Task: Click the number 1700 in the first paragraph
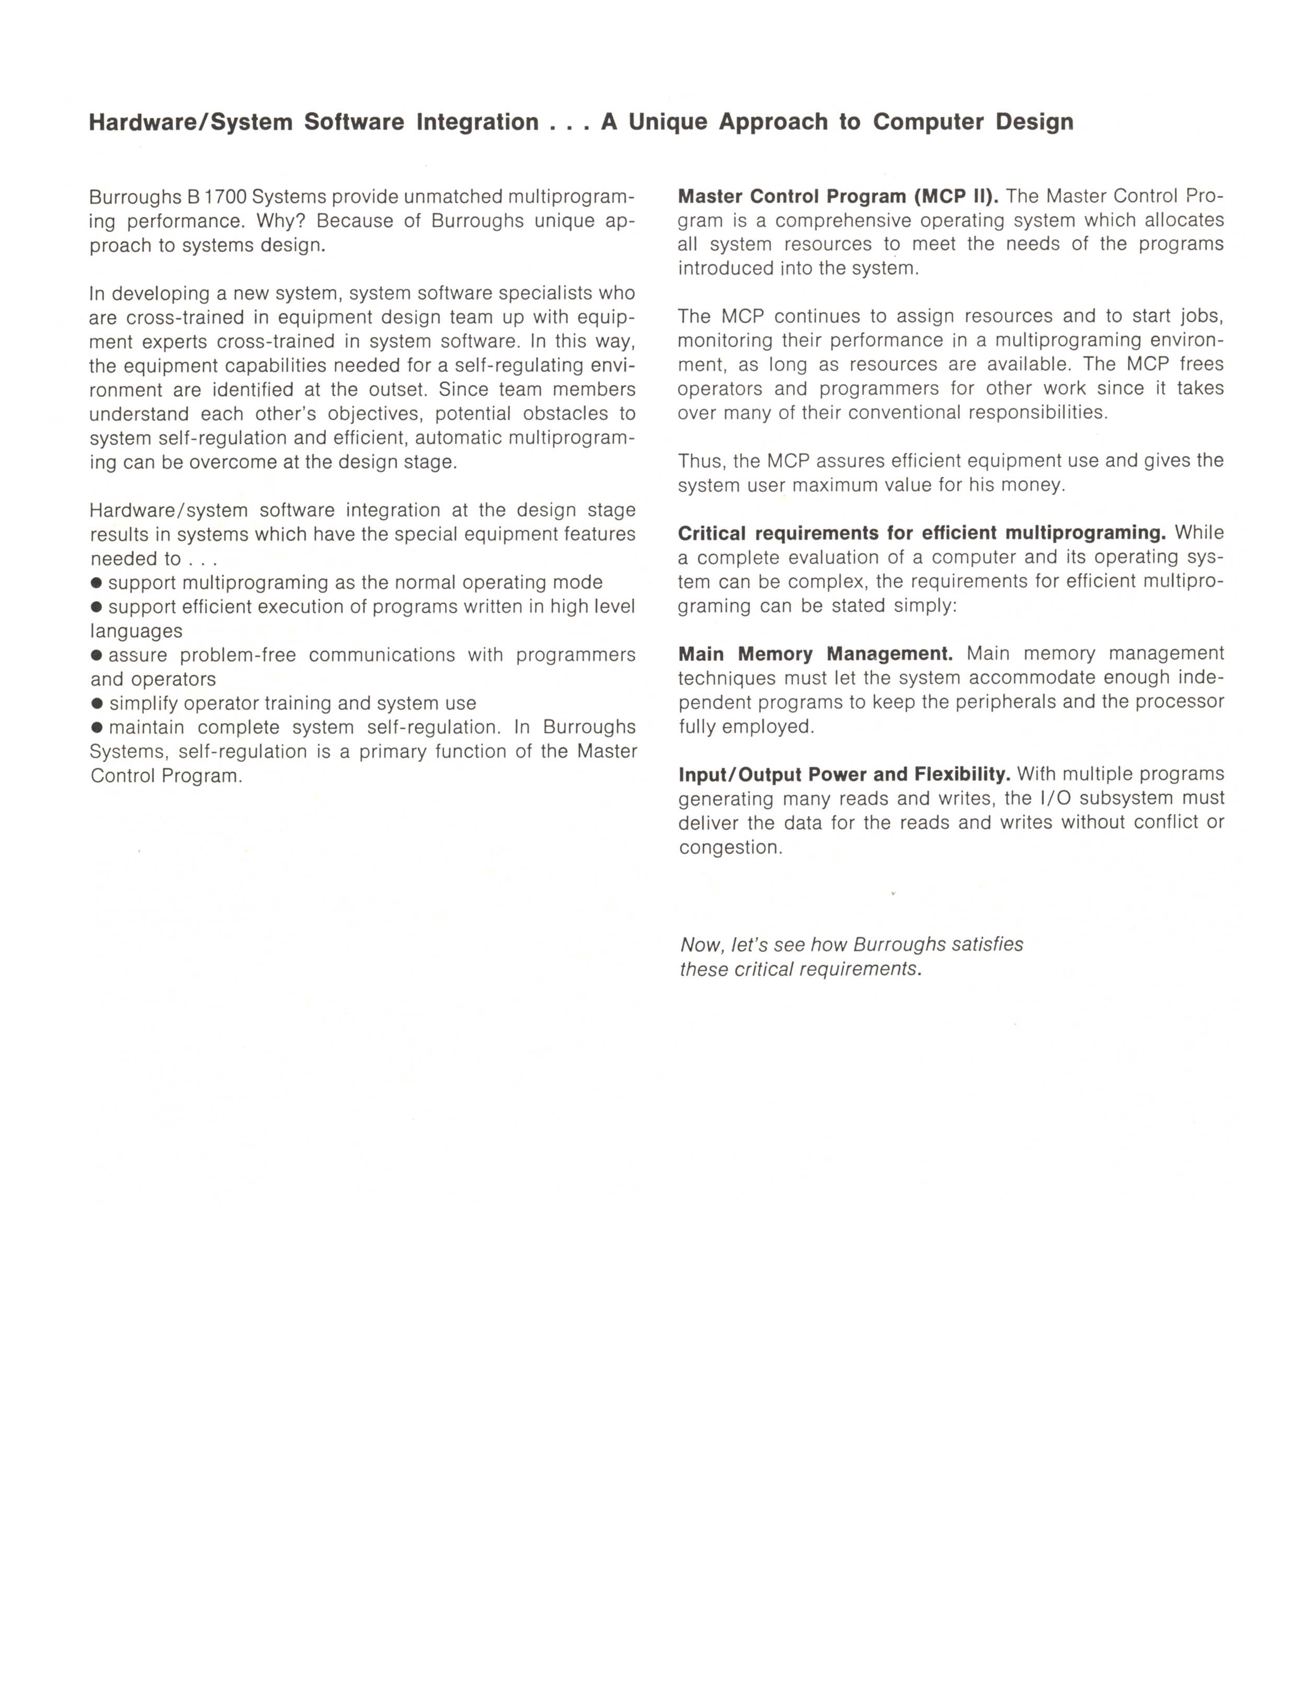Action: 225,197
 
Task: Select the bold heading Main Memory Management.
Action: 816,654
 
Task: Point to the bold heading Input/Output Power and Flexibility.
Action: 844,774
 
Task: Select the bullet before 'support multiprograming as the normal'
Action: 97,582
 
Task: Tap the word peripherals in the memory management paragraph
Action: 1095,702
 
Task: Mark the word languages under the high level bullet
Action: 136,631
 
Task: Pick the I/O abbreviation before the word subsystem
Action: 1051,798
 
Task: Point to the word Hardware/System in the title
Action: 190,122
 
